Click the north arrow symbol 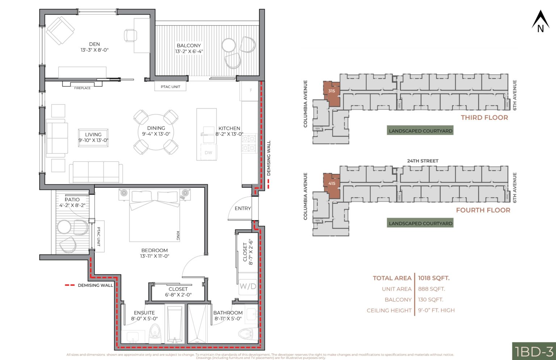[x=540, y=22]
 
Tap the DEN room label [x=94, y=44]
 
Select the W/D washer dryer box [x=248, y=286]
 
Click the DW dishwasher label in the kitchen [x=208, y=152]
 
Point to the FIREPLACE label [x=82, y=88]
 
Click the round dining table [x=156, y=132]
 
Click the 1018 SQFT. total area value [x=434, y=278]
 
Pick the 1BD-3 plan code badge [x=534, y=351]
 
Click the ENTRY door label [x=243, y=208]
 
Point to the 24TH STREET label [x=422, y=161]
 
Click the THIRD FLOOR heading [x=484, y=117]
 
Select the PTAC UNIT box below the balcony [x=170, y=87]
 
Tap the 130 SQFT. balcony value [x=430, y=300]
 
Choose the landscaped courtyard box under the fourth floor [x=420, y=223]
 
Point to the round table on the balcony [x=228, y=45]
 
